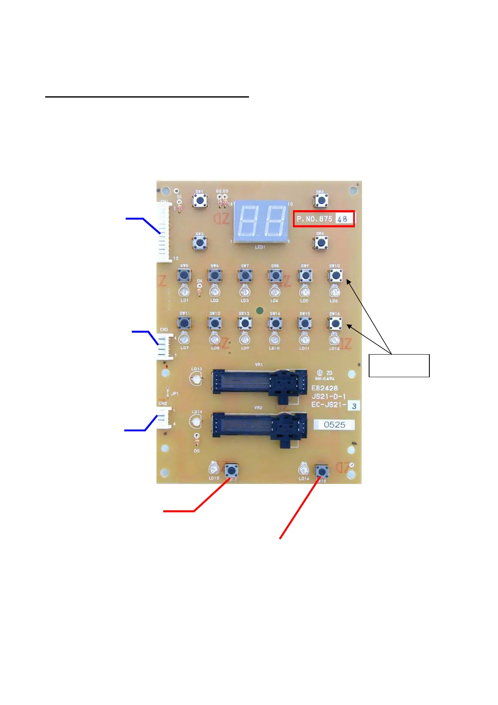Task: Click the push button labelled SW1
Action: [x=200, y=201]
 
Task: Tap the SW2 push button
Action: [x=321, y=201]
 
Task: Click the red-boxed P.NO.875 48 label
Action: [x=323, y=219]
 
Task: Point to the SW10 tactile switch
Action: [x=335, y=275]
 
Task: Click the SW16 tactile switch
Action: [x=335, y=323]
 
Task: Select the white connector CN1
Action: [x=164, y=232]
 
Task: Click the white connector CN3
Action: [x=165, y=346]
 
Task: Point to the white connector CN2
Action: [x=164, y=417]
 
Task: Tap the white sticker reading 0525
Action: [x=334, y=425]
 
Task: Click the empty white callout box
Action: [x=399, y=365]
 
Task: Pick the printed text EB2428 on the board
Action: [x=325, y=388]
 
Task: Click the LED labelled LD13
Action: [x=196, y=379]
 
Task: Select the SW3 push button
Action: [x=200, y=242]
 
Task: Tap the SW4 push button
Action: [x=321, y=242]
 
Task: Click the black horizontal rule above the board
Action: [x=147, y=97]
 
